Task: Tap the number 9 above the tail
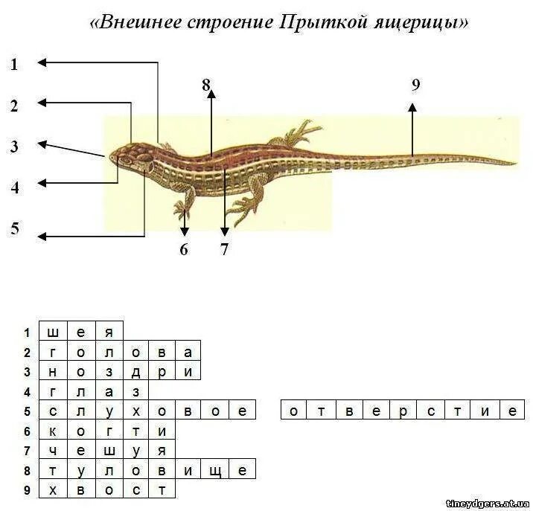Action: pyautogui.click(x=415, y=85)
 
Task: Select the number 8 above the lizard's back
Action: pyautogui.click(x=206, y=85)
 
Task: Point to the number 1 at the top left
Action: pyautogui.click(x=13, y=65)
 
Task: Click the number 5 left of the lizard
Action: pyautogui.click(x=14, y=228)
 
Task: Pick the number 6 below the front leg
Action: pyautogui.click(x=184, y=249)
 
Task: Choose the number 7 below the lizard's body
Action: pyautogui.click(x=224, y=249)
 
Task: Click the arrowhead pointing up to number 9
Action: pyautogui.click(x=413, y=108)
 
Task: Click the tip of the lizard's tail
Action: pyautogui.click(x=515, y=163)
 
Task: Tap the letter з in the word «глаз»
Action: pyautogui.click(x=135, y=391)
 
